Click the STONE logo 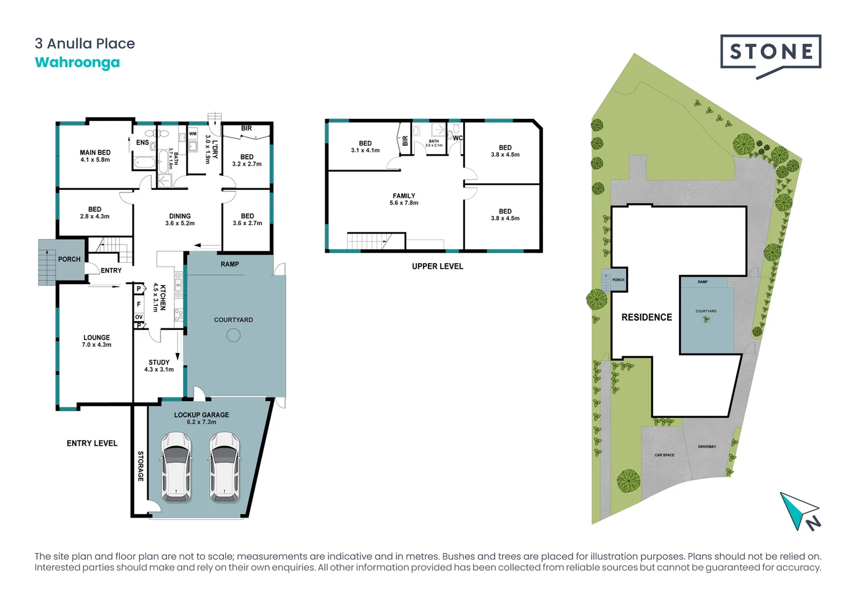tap(770, 53)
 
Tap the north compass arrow tap(798, 510)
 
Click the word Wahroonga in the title tap(77, 62)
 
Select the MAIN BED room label tap(95, 156)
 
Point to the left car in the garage tap(176, 467)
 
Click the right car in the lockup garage tap(225, 467)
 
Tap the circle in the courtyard tap(234, 335)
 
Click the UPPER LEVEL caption tap(438, 266)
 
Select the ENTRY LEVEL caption tap(92, 443)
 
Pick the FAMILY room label tap(404, 199)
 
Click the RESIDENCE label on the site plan tap(646, 317)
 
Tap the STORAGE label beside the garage tap(141, 466)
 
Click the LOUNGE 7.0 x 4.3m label tap(96, 341)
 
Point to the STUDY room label tap(159, 366)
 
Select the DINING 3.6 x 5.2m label tap(180, 220)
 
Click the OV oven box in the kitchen tap(139, 317)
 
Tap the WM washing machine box tap(193, 134)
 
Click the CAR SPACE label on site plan tap(664, 455)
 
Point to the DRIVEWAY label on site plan tap(707, 446)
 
